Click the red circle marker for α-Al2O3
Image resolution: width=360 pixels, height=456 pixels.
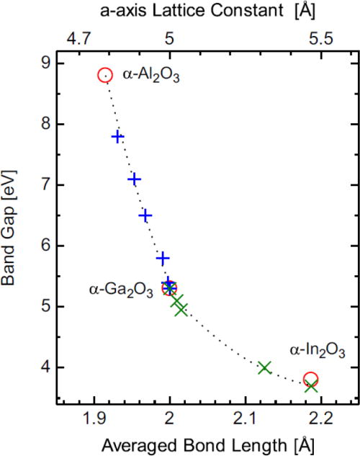(105, 75)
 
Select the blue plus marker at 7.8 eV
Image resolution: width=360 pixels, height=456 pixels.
(117, 136)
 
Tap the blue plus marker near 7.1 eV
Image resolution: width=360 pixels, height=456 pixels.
(134, 179)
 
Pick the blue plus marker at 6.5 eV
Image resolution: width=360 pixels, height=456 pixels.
(145, 215)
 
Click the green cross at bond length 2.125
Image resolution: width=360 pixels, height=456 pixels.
(264, 367)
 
